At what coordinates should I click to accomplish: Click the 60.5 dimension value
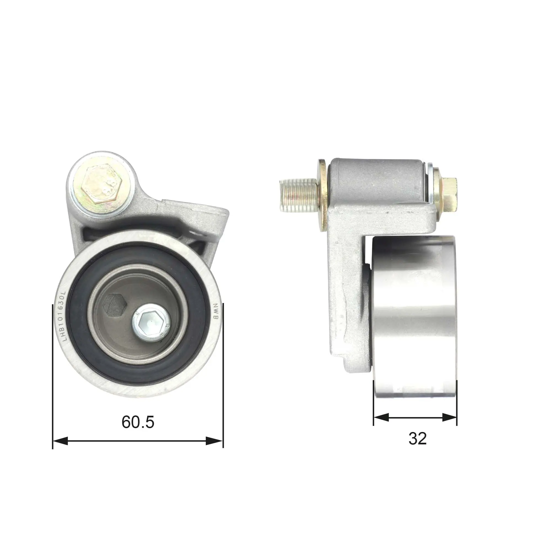pyautogui.click(x=138, y=422)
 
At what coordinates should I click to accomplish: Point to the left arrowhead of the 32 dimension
pyautogui.click(x=381, y=418)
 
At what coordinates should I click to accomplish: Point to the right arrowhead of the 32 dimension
pyautogui.click(x=449, y=418)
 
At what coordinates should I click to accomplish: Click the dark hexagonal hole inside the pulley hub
pyautogui.click(x=116, y=305)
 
